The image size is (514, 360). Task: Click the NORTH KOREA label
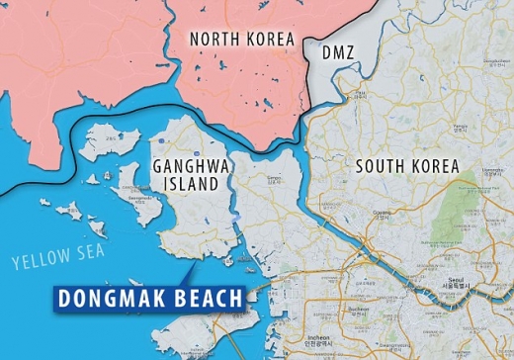coord(242,40)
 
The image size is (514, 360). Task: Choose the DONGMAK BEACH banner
coord(147,298)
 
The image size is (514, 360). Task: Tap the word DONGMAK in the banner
coord(105,298)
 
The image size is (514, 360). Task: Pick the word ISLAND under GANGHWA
coord(193,184)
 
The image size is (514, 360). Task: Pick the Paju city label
coord(360,96)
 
